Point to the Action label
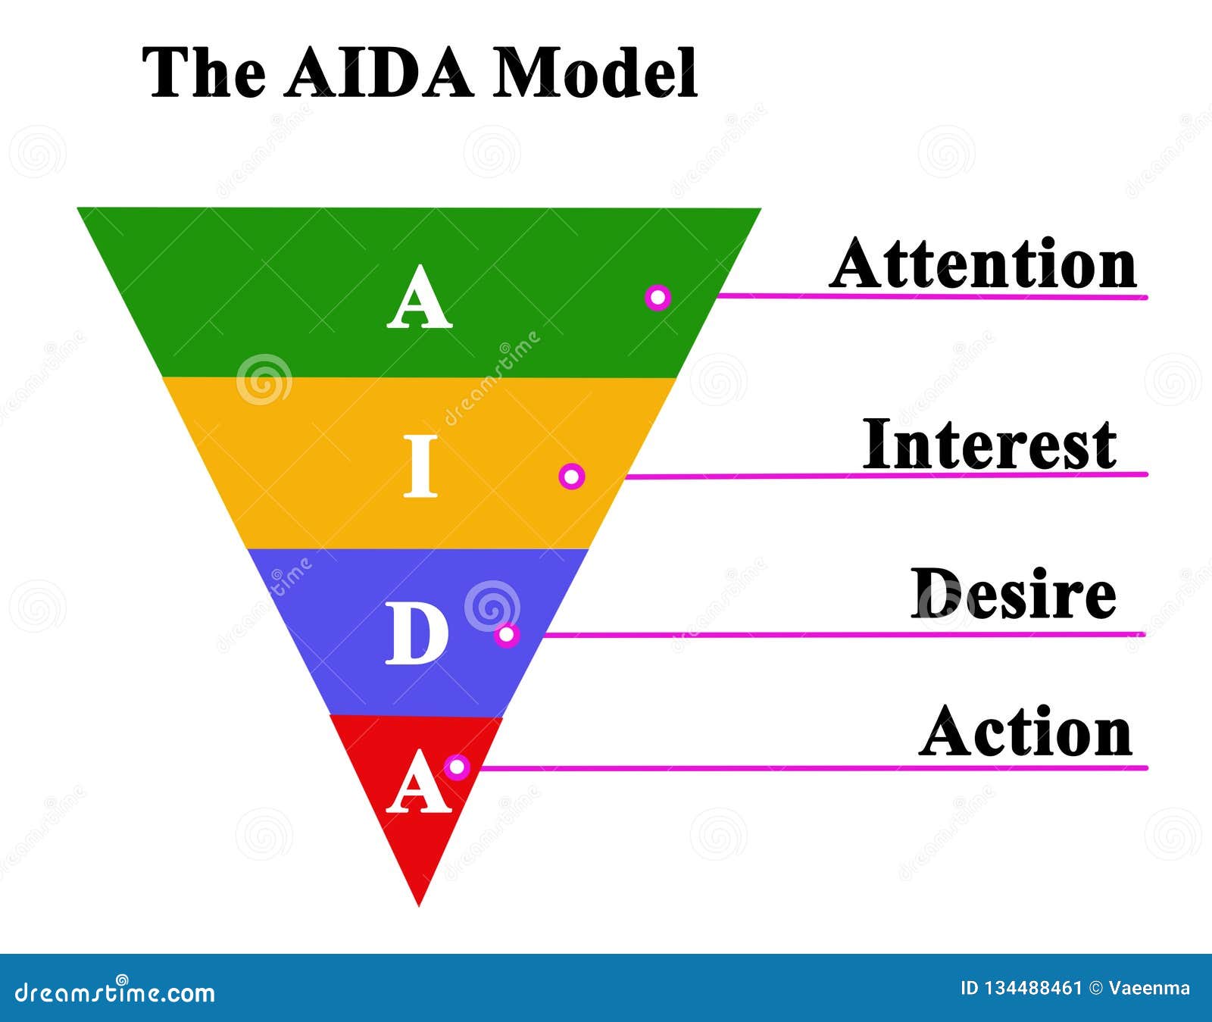point(1026,731)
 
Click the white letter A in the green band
point(419,297)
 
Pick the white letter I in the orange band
point(420,466)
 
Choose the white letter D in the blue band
point(417,635)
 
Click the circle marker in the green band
point(658,297)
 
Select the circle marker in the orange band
point(572,477)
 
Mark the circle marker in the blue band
point(507,634)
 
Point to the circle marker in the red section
point(456,767)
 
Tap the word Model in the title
point(595,73)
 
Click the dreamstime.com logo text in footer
point(115,990)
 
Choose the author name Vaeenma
point(1149,988)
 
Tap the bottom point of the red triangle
point(419,906)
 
